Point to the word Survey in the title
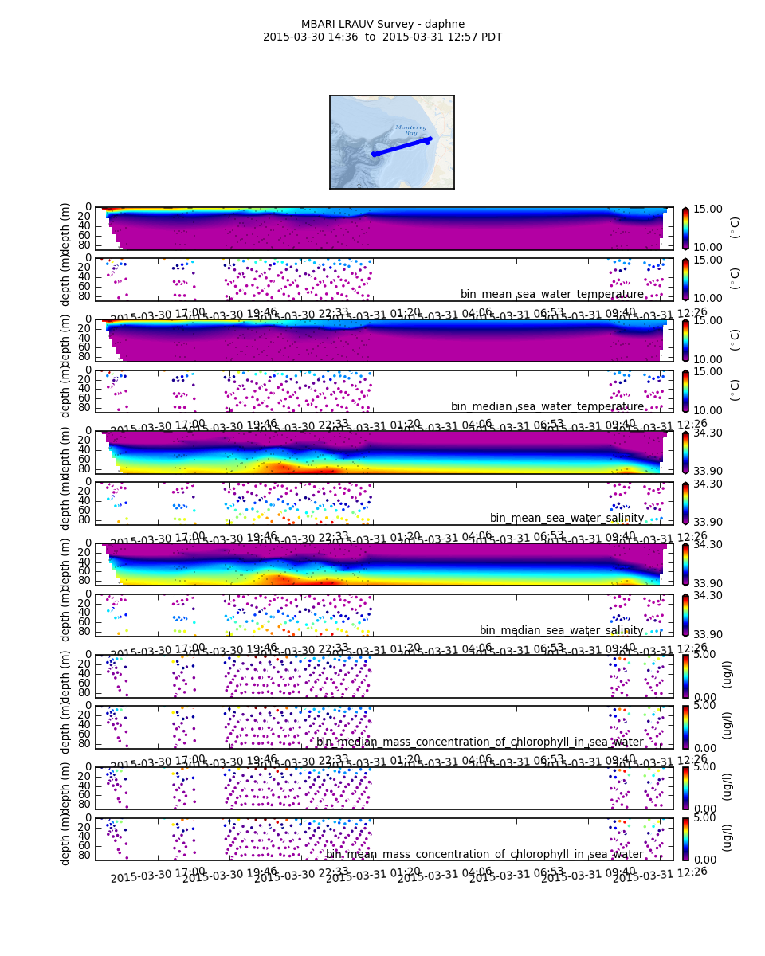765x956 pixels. [396, 24]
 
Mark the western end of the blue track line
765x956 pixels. [373, 155]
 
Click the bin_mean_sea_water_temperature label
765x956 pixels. [551, 295]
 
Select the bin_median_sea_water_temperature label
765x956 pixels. [547, 406]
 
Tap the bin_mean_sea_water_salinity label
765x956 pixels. [567, 518]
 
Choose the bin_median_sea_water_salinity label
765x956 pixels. [561, 630]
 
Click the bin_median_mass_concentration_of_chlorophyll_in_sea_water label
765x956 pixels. [480, 742]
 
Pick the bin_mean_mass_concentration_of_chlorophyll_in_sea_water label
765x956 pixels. [484, 854]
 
